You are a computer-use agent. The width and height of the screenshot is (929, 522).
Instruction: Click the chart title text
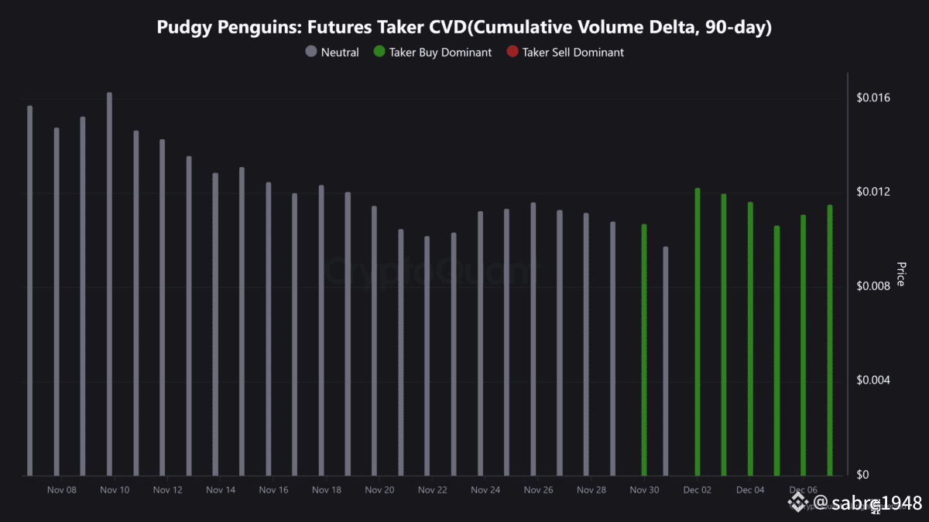tap(464, 27)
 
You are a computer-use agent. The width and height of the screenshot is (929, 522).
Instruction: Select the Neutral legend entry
tap(333, 53)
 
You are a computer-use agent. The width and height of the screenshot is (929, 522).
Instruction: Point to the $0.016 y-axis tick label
tap(873, 98)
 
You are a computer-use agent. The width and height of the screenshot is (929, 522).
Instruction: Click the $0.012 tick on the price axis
tap(873, 192)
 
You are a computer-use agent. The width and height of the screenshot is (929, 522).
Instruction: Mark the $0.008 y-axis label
tap(873, 286)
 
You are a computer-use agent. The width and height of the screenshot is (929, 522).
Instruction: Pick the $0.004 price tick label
tap(873, 380)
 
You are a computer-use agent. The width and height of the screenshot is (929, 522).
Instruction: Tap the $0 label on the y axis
tap(862, 474)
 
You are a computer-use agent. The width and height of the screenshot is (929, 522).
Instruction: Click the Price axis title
tap(900, 274)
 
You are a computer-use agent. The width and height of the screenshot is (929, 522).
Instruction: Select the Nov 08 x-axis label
tap(62, 490)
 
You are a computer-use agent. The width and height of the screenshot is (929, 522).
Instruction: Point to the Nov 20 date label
tap(379, 490)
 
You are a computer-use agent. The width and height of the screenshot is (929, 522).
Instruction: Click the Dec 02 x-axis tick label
tap(697, 490)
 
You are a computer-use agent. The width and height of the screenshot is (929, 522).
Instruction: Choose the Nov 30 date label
tap(644, 490)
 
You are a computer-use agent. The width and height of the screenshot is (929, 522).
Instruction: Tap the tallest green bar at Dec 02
tap(697, 332)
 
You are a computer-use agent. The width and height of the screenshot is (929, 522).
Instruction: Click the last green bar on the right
tap(830, 340)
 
